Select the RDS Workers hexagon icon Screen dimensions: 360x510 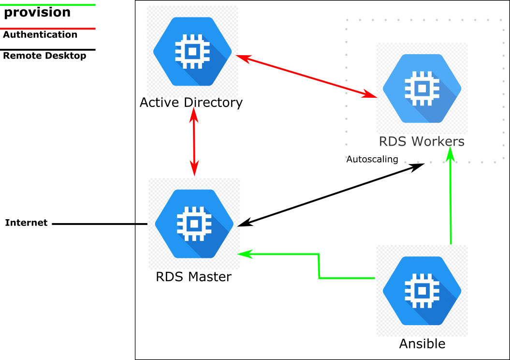[422, 89]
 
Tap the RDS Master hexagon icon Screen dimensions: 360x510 [194, 224]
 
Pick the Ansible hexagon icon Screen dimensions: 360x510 [422, 290]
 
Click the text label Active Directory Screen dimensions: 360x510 [191, 103]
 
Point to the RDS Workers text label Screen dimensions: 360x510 [422, 141]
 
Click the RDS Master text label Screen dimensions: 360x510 [193, 277]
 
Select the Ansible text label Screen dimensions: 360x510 [422, 344]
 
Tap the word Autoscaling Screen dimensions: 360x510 [372, 159]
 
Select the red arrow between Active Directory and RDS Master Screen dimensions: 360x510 [194, 141]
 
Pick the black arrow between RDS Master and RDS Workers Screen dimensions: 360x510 [331, 195]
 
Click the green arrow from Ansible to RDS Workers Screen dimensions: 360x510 [451, 198]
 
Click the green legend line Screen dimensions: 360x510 [48, 5]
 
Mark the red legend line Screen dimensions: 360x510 [48, 29]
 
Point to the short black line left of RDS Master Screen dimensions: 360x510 [141, 224]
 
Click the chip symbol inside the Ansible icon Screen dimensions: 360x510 [422, 290]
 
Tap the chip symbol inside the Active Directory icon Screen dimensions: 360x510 [192, 51]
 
